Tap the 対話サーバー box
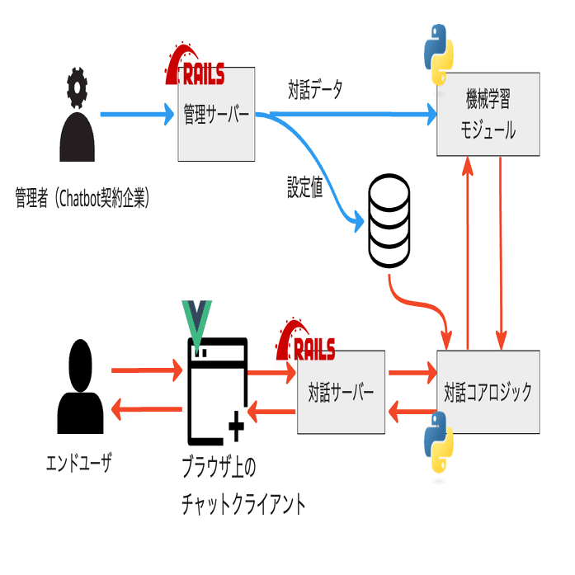pyautogui.click(x=341, y=391)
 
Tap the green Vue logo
pyautogui.click(x=199, y=321)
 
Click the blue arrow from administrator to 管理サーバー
pyautogui.click(x=136, y=115)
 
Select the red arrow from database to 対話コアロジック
pyautogui.click(x=421, y=309)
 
